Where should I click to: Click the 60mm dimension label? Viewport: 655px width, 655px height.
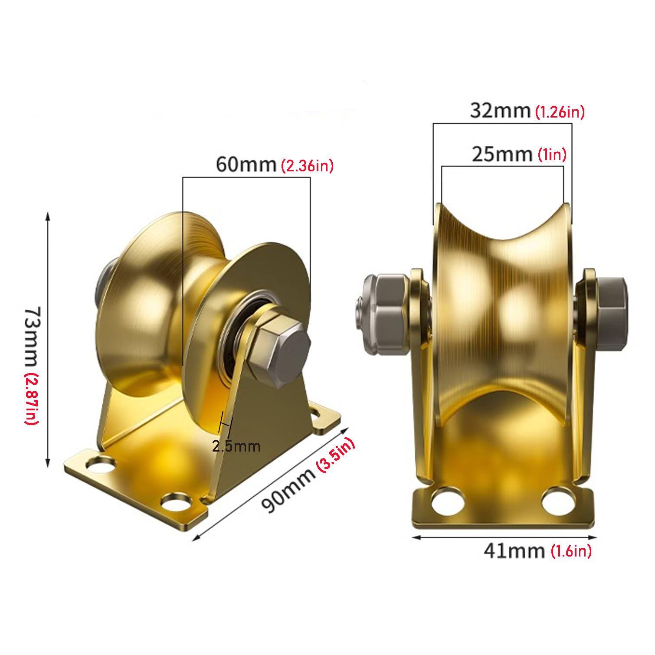246,165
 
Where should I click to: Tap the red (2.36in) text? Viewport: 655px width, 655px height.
308,166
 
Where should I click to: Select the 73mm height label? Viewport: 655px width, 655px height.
33,336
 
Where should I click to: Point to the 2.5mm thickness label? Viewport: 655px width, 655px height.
236,446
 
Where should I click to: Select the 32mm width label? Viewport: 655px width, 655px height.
500,111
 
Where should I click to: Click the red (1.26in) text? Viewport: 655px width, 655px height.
560,112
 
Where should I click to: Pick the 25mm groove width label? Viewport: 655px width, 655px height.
502,154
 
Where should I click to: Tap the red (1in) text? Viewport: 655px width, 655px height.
552,154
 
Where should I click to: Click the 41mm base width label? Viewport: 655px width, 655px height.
514,551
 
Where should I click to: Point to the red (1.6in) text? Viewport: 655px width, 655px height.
571,551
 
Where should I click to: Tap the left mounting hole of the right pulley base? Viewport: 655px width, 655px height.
448,503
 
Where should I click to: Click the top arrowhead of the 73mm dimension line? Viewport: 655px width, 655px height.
48,216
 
